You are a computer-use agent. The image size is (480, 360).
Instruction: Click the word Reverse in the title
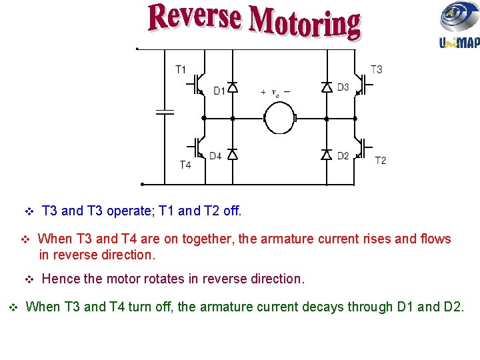click(x=194, y=17)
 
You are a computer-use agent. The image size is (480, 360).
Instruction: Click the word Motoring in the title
click(x=305, y=24)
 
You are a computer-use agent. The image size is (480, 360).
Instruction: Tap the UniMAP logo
click(x=459, y=25)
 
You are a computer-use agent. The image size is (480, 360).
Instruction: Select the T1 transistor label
click(x=181, y=69)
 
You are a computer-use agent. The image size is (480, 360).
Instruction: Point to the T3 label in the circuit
click(x=377, y=69)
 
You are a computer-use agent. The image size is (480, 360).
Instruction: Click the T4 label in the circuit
click(x=185, y=165)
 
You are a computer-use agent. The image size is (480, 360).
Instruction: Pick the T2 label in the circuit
click(x=380, y=161)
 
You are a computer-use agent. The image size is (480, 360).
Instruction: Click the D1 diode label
click(x=219, y=91)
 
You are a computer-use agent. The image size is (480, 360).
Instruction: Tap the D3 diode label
click(x=343, y=87)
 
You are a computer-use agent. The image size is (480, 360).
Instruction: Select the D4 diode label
click(x=215, y=156)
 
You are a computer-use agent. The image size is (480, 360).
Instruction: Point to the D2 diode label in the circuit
click(x=343, y=156)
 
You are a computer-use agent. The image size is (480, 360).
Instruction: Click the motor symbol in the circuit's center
click(x=279, y=119)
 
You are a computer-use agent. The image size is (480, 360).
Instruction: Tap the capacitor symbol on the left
click(x=164, y=112)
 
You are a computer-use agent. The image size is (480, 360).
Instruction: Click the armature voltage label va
click(x=275, y=93)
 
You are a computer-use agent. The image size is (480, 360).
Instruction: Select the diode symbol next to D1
click(x=232, y=87)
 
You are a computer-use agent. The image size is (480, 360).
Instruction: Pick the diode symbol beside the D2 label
click(x=327, y=155)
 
